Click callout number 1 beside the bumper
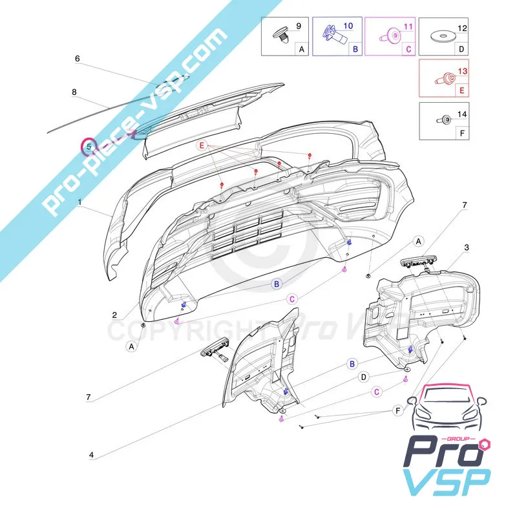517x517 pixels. click(x=80, y=203)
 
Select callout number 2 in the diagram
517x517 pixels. click(x=114, y=315)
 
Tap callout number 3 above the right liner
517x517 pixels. click(x=467, y=248)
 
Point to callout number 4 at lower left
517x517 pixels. click(x=91, y=455)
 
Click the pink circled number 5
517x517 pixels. click(x=88, y=147)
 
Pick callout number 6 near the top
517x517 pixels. click(x=77, y=59)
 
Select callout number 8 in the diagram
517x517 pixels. click(x=74, y=92)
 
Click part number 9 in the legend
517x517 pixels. click(x=298, y=26)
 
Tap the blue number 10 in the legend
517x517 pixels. click(x=348, y=26)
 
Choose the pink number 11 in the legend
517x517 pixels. click(x=407, y=26)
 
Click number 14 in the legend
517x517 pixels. click(x=461, y=114)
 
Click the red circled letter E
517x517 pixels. click(x=202, y=147)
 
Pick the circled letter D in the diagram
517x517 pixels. click(x=364, y=377)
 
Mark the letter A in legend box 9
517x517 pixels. click(x=301, y=48)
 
